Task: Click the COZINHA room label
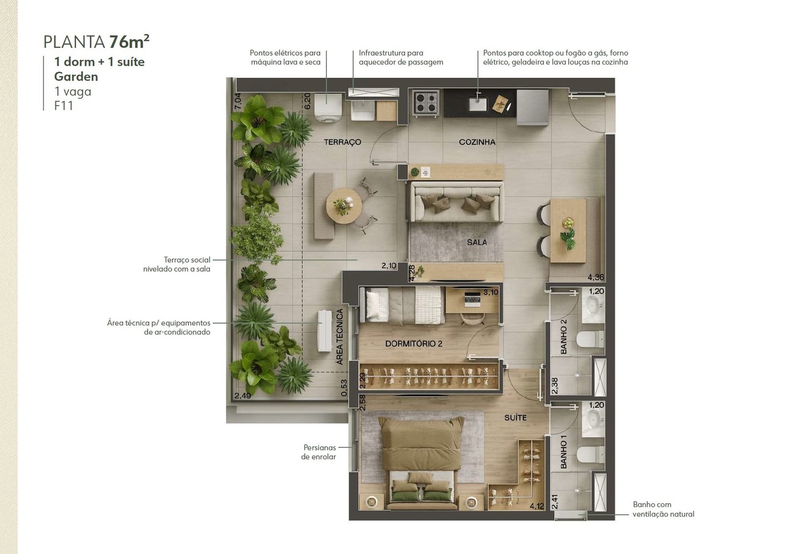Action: point(477,142)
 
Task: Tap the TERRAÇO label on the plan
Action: point(343,142)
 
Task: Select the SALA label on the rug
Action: point(477,242)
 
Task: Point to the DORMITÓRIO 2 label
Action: point(413,344)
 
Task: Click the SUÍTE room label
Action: point(515,418)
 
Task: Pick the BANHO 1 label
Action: point(563,452)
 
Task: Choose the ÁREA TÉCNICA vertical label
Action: point(339,337)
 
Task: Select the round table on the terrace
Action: point(344,205)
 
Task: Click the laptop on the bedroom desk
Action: point(473,299)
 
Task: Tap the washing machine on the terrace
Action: point(328,107)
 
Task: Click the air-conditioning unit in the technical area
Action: point(324,331)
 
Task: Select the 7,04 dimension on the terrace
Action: point(238,101)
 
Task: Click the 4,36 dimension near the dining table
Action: point(595,277)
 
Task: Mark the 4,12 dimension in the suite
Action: point(537,506)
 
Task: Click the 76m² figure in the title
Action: point(129,41)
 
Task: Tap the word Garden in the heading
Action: point(76,77)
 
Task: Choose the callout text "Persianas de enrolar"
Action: point(318,452)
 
